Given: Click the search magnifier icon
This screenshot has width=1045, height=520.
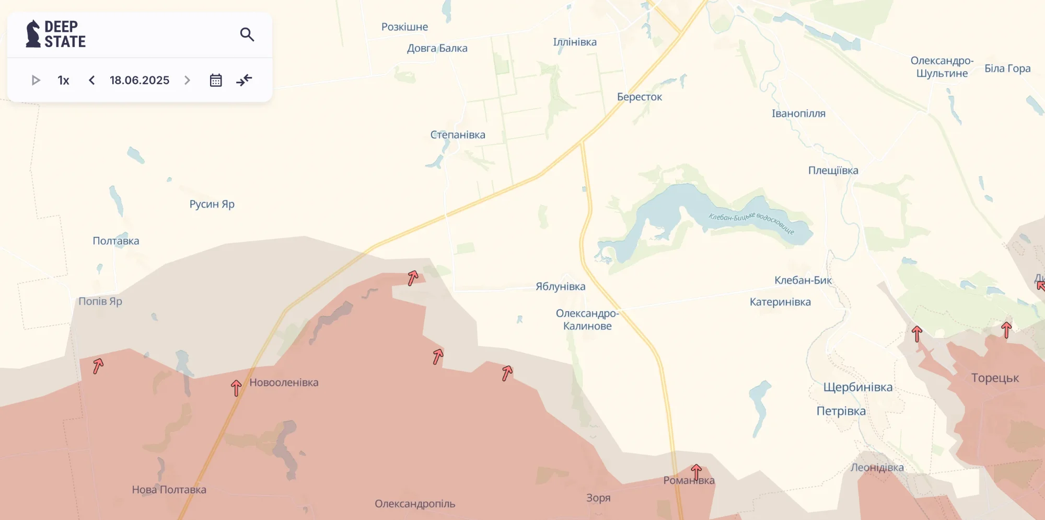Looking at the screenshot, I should [x=247, y=35].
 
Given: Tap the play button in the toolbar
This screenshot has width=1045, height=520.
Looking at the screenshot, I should [x=36, y=80].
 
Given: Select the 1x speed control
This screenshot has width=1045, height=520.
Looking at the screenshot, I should [x=63, y=80].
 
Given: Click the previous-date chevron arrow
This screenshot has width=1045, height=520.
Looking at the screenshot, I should [x=92, y=80].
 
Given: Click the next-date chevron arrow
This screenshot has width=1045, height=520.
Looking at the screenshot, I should [x=187, y=80].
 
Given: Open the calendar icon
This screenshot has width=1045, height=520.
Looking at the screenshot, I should [x=216, y=80].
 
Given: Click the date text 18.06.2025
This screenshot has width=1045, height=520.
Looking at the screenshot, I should [x=140, y=80].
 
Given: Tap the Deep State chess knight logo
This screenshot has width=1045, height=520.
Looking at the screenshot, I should [x=33, y=34].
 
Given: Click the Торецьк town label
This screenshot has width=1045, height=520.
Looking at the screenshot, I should [x=995, y=378].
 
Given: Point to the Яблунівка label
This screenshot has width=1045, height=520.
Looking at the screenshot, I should [x=560, y=286].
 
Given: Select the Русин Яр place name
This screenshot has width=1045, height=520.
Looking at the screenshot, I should [x=212, y=204].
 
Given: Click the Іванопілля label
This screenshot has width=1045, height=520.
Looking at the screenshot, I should [x=798, y=114].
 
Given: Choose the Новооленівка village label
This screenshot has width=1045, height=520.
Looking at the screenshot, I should [x=284, y=382].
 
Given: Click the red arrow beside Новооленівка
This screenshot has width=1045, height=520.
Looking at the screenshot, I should [x=236, y=388].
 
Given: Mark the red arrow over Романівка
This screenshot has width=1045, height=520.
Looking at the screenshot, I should [x=696, y=471].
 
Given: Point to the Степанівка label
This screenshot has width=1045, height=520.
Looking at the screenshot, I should [x=458, y=134].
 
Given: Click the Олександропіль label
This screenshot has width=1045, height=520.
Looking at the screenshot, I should [x=415, y=504].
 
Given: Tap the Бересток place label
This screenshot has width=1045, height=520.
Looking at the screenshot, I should [x=639, y=97].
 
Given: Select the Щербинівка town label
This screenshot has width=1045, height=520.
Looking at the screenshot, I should [x=858, y=387].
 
